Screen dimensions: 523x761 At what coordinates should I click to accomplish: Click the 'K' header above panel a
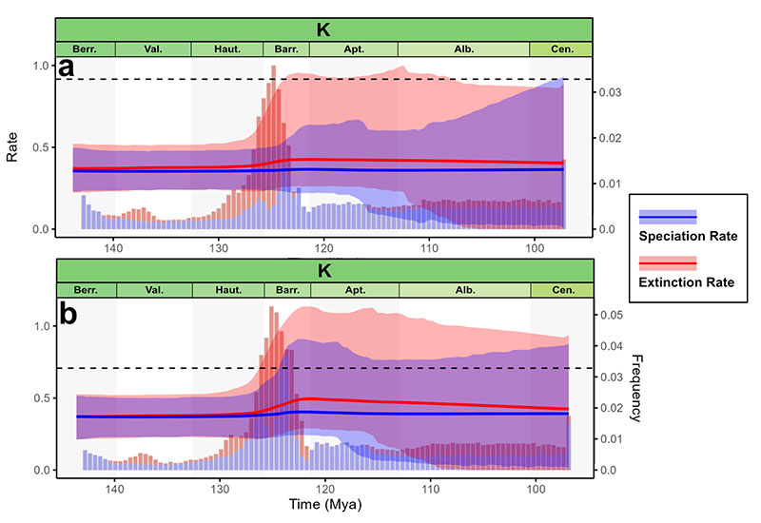[x=323, y=29]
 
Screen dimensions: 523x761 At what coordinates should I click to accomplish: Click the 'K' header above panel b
[x=323, y=271]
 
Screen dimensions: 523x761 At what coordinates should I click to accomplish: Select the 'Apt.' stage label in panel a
[x=354, y=49]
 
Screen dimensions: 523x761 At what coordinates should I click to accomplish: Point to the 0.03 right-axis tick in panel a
[x=610, y=92]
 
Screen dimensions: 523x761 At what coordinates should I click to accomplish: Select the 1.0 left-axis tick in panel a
[x=38, y=66]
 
